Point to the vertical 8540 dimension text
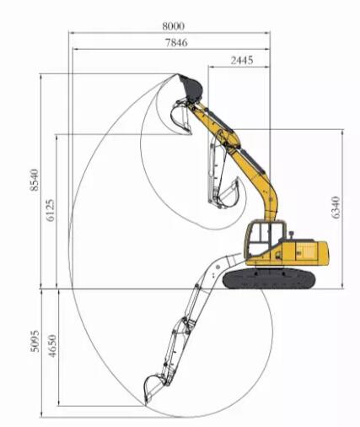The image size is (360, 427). point(35,181)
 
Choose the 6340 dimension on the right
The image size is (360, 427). point(336,207)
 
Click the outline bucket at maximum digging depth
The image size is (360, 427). point(153,389)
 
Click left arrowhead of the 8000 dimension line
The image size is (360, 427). point(70,34)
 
